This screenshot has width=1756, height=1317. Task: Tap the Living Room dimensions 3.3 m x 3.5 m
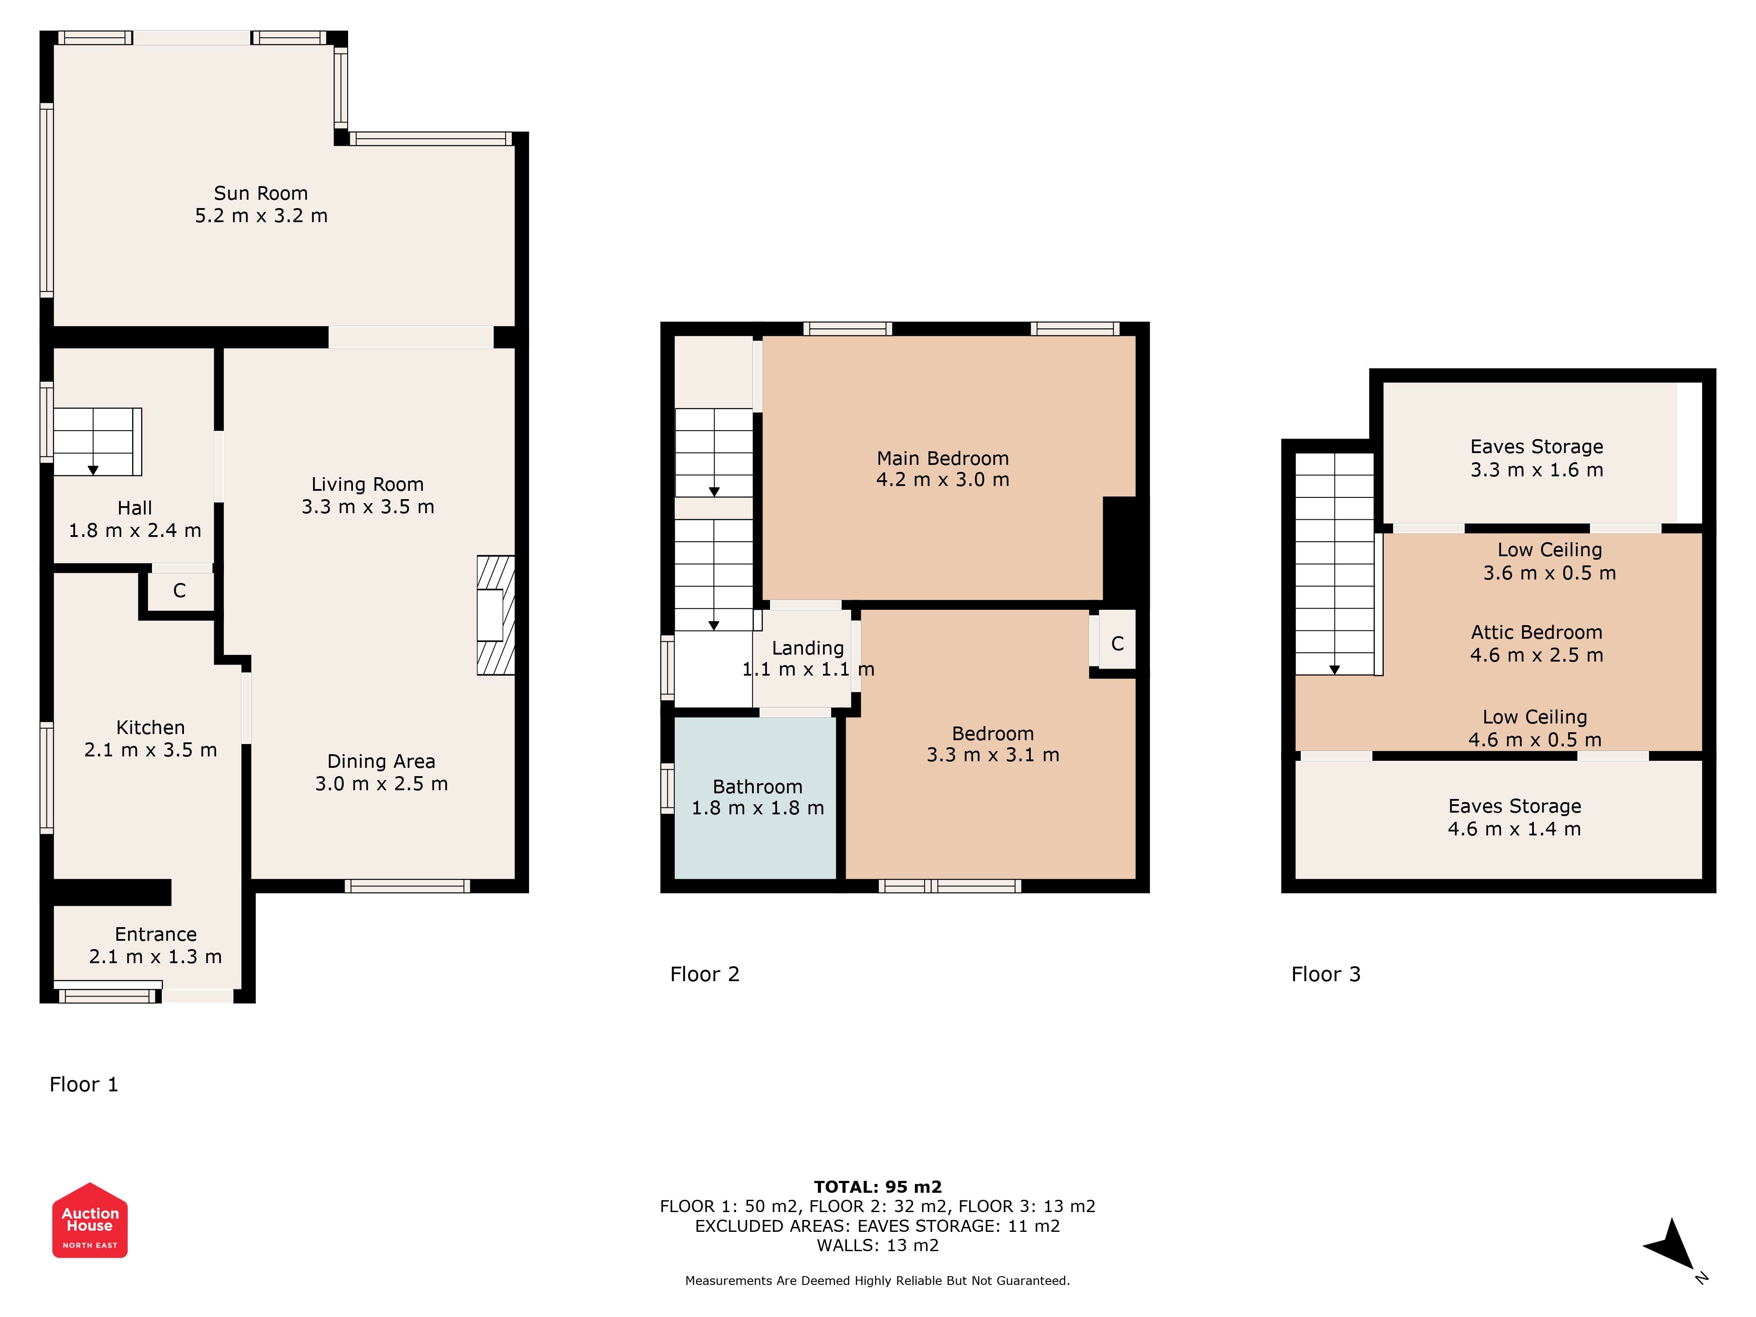367,507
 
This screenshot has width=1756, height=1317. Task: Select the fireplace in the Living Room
495,615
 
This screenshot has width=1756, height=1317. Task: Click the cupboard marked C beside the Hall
180,590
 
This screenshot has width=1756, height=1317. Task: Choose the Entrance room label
155,934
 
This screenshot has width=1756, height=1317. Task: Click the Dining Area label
381,761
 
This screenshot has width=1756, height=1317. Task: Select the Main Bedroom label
942,458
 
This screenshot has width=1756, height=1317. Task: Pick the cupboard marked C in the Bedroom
1117,643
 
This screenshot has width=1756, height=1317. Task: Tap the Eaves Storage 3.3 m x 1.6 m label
1536,458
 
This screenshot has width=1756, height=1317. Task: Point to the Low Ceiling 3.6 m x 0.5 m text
1549,561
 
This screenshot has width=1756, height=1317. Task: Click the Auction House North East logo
90,1220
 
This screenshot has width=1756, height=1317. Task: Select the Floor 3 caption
1326,974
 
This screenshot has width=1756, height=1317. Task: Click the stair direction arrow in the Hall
93,470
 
